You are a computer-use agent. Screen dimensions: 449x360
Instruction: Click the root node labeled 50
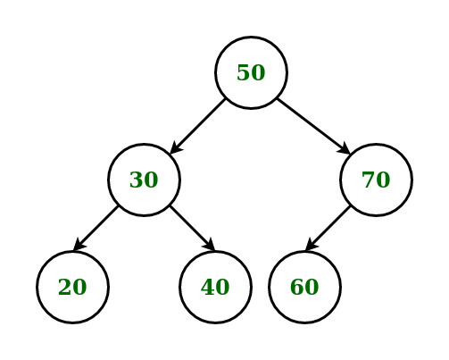pyautogui.click(x=251, y=72)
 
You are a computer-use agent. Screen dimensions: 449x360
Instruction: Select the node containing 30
pyautogui.click(x=144, y=180)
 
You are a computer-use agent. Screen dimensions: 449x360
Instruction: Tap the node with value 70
pyautogui.click(x=376, y=180)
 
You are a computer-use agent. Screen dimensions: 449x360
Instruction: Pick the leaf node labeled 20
pyautogui.click(x=72, y=287)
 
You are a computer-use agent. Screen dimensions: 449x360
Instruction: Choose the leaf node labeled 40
pyautogui.click(x=215, y=287)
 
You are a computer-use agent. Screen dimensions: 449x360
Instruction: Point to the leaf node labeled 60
pyautogui.click(x=304, y=287)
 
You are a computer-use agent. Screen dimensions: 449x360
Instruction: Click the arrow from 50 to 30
pyautogui.click(x=197, y=126)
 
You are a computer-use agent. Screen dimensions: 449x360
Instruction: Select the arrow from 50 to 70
pyautogui.click(x=313, y=126)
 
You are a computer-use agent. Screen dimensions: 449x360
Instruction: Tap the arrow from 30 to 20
pyautogui.click(x=96, y=228)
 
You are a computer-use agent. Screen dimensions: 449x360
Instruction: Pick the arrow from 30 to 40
pyautogui.click(x=192, y=228)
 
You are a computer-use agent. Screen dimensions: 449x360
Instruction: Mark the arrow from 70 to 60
pyautogui.click(x=328, y=228)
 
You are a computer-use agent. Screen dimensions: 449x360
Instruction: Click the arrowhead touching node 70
pyautogui.click(x=345, y=148)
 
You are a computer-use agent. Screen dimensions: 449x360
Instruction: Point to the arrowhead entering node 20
pyautogui.click(x=79, y=245)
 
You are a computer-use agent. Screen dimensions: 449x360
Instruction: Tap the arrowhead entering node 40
pyautogui.click(x=209, y=245)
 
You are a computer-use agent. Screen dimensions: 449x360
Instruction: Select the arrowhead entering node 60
pyautogui.click(x=312, y=245)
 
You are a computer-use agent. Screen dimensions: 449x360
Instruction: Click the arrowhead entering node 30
pyautogui.click(x=176, y=148)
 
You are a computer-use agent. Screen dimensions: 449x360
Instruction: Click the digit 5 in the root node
pyautogui.click(x=244, y=72)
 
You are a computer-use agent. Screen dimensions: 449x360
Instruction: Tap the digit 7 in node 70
pyautogui.click(x=369, y=180)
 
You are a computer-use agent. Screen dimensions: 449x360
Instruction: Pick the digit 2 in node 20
pyautogui.click(x=65, y=287)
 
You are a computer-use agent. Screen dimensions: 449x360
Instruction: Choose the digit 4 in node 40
pyautogui.click(x=208, y=287)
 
